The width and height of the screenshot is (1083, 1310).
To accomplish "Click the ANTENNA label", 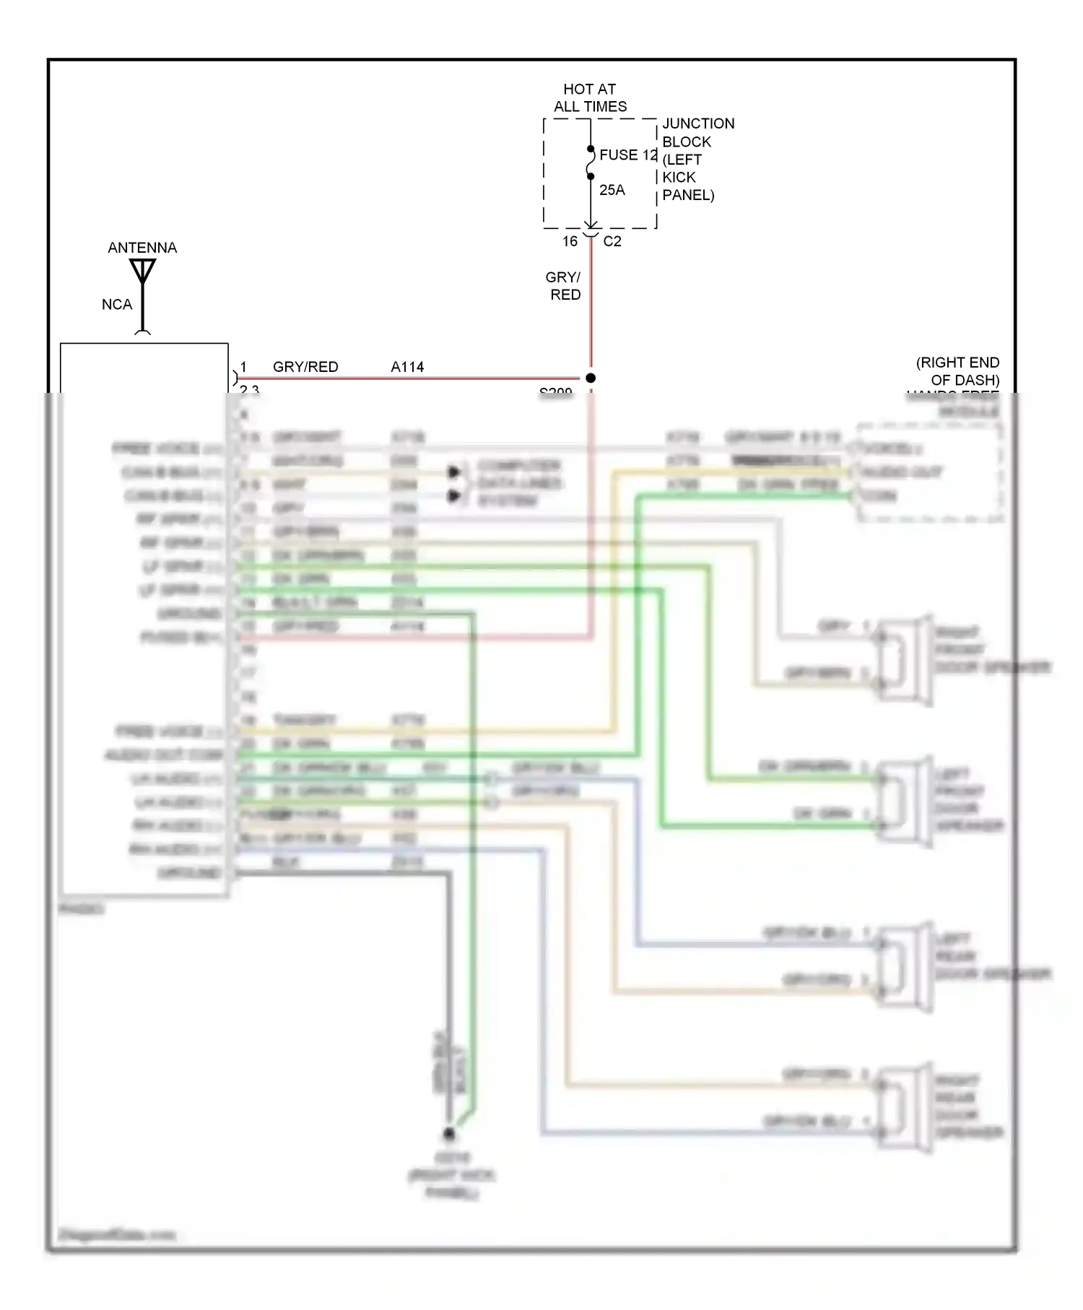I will pyautogui.click(x=142, y=248).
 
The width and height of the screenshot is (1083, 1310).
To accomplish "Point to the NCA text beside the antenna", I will pyautogui.click(x=117, y=305).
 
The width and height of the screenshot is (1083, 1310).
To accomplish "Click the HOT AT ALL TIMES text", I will pyautogui.click(x=590, y=97).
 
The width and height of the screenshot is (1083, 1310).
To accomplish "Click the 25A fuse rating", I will pyautogui.click(x=612, y=190).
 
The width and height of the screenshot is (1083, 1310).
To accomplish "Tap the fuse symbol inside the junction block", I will pyautogui.click(x=591, y=162).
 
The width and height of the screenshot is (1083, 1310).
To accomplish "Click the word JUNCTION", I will pyautogui.click(x=698, y=123).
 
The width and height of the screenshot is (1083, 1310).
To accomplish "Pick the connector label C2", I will pyautogui.click(x=612, y=241).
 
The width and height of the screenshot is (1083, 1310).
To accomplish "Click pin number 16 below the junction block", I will pyautogui.click(x=570, y=241).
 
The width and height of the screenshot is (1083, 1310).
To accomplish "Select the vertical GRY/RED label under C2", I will pyautogui.click(x=564, y=286).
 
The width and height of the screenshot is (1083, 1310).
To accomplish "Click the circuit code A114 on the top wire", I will pyautogui.click(x=407, y=367).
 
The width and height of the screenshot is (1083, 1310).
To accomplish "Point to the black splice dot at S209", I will pyautogui.click(x=591, y=378).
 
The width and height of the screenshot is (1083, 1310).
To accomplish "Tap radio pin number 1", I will pyautogui.click(x=243, y=367).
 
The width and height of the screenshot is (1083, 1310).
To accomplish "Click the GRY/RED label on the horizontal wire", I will pyautogui.click(x=305, y=367).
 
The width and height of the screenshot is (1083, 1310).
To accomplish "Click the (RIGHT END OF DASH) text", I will pyautogui.click(x=958, y=371).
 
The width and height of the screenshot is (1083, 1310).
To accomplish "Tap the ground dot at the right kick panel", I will pyautogui.click(x=449, y=1133).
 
